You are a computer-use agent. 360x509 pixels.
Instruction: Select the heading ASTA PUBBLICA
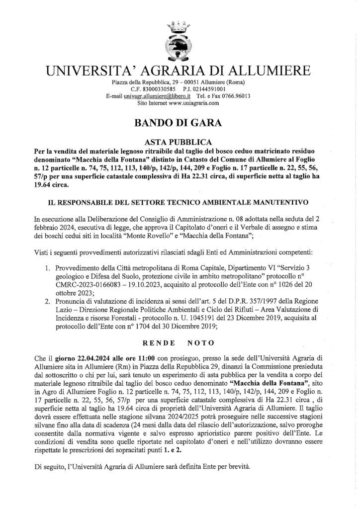coord(180,141)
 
